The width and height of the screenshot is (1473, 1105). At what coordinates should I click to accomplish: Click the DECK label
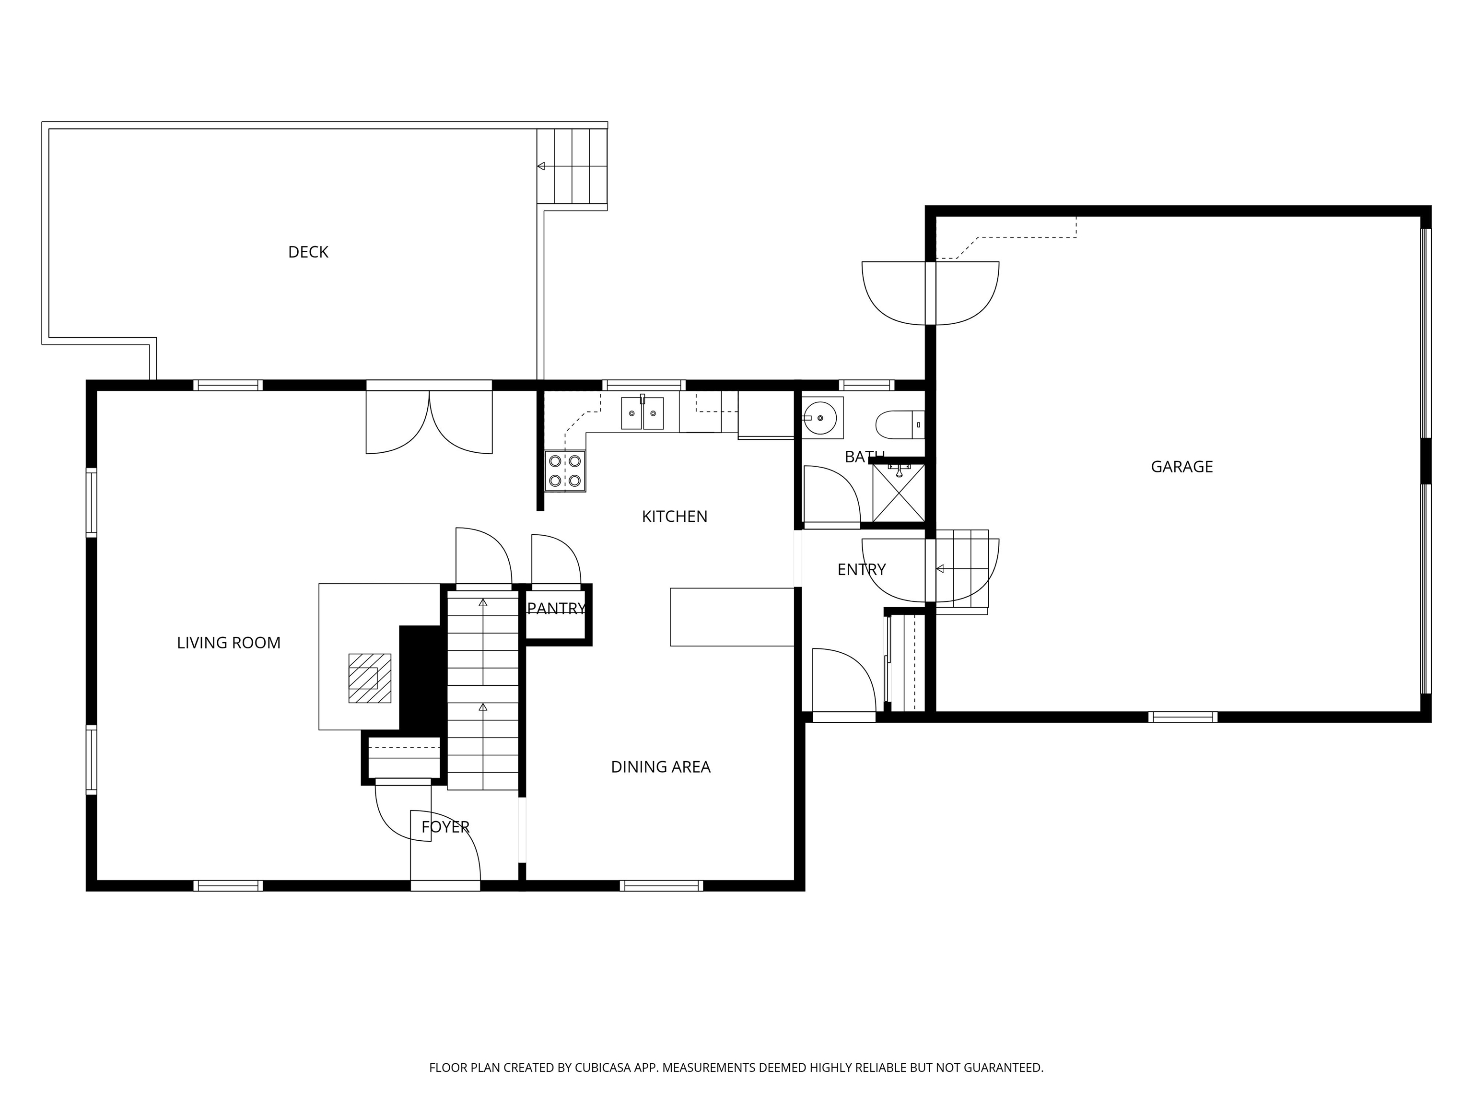[308, 252]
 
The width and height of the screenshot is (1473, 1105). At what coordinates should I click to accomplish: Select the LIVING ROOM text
[228, 643]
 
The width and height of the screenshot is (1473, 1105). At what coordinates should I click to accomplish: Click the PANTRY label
[556, 608]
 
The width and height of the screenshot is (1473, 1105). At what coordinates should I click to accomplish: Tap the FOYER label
[445, 826]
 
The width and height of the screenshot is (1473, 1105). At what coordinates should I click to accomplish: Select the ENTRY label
[861, 569]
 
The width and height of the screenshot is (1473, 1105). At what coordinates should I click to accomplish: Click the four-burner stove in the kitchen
[565, 471]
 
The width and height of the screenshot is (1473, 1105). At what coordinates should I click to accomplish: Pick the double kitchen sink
[642, 413]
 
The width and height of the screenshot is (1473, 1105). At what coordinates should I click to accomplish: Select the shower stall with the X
[898, 493]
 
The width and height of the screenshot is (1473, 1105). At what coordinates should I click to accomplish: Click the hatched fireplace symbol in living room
[370, 678]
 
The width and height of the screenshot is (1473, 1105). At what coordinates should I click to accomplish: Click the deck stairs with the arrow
[572, 166]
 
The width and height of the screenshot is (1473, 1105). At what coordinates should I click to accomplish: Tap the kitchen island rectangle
[732, 617]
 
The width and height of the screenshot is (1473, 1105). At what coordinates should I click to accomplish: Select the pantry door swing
[556, 560]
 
